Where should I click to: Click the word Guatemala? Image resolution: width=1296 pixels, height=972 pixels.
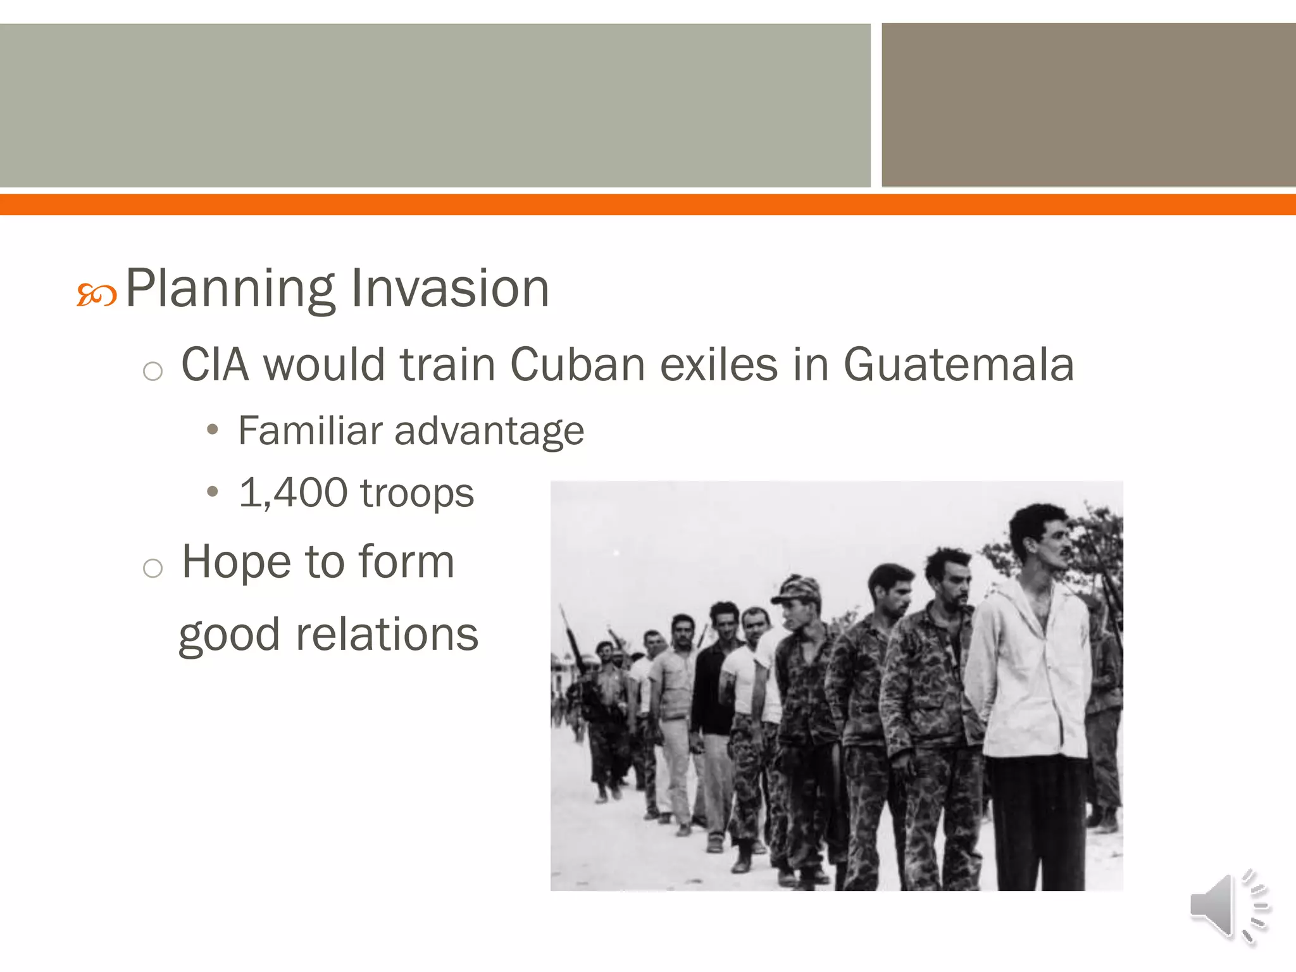(959, 365)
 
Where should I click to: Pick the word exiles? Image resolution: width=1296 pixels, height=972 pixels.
(719, 365)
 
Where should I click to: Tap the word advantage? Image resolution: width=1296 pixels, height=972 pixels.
(489, 432)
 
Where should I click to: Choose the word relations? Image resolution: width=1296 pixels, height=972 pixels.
(387, 635)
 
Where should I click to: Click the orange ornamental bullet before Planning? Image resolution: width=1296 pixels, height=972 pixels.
(96, 295)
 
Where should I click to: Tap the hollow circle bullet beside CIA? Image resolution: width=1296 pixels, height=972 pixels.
(153, 371)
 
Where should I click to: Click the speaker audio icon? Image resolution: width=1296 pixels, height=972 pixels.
(1228, 906)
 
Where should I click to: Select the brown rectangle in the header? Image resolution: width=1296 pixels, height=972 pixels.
(1088, 105)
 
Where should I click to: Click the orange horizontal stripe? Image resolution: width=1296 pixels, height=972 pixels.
(648, 205)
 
